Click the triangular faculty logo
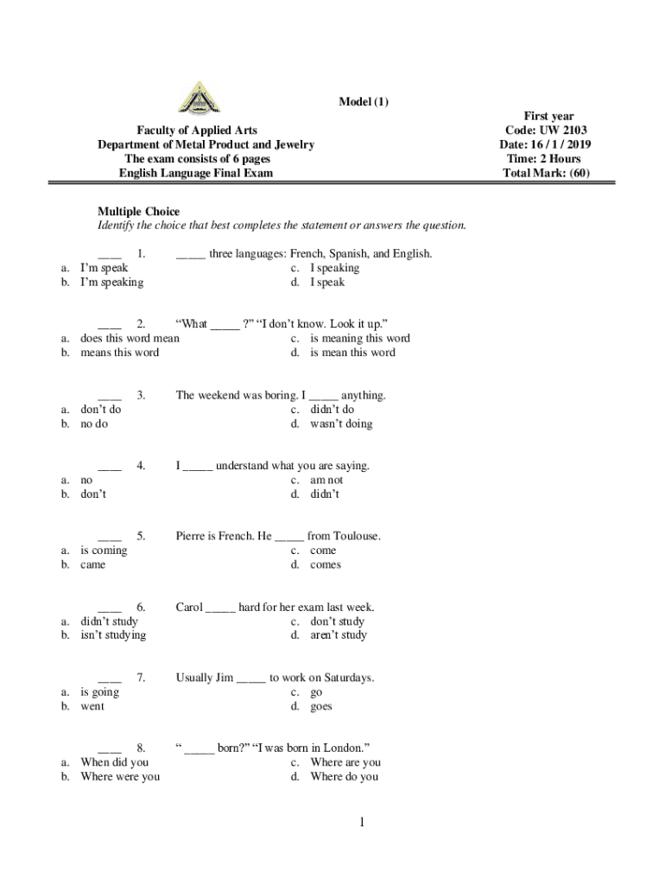pos(199,97)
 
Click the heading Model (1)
pos(364,102)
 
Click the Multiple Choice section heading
pos(138,212)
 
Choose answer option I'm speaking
pos(112,282)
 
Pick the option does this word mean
pos(130,339)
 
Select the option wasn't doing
pos(341,423)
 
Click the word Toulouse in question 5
pos(356,536)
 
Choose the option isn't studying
pos(113,635)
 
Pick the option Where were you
pos(120,777)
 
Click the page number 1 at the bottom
pos(364,823)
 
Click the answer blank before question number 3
pos(110,396)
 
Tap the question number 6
pos(141,607)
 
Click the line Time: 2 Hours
pos(548,159)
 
